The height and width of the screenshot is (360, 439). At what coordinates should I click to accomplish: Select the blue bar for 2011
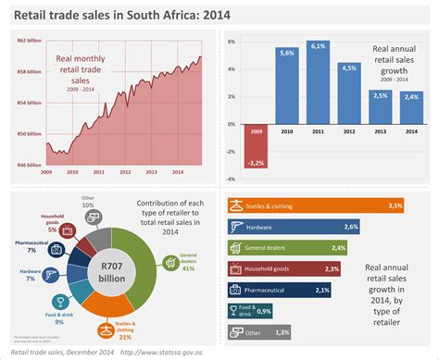click(x=318, y=85)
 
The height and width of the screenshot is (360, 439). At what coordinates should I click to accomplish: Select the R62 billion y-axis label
click(x=29, y=41)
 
